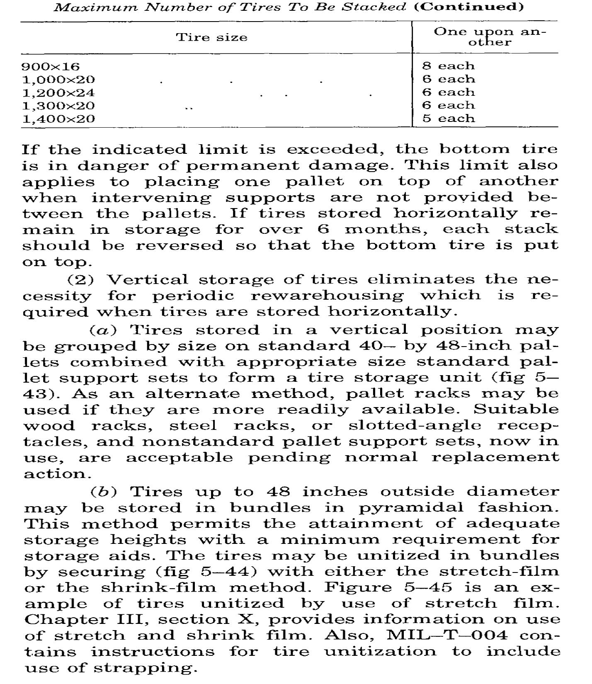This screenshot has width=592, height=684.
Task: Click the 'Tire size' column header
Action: tap(212, 37)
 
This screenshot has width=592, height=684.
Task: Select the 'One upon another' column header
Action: tap(489, 37)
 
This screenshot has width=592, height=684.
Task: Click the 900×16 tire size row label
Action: tap(51, 66)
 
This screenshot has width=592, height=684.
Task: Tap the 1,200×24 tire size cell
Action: tap(58, 92)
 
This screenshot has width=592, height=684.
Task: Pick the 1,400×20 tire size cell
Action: tap(58, 119)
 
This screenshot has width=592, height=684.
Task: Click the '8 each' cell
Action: tap(448, 66)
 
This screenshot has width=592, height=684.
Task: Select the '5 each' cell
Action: tap(448, 119)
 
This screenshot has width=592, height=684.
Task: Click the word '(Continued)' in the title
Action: tap(469, 7)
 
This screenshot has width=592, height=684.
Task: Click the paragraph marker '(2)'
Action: tap(80, 279)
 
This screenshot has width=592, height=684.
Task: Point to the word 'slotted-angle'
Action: tap(415, 426)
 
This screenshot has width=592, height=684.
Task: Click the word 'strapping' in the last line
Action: tap(143, 668)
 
